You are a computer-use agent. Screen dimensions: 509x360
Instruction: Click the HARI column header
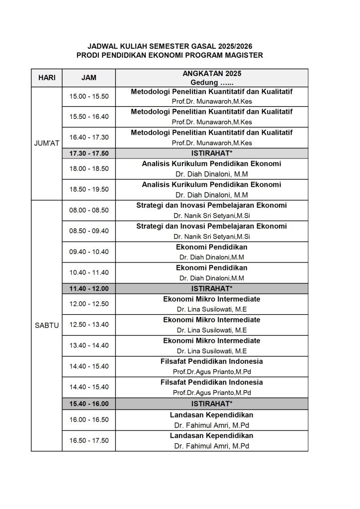click(x=47, y=78)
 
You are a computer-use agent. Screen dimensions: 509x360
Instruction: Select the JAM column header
click(x=89, y=78)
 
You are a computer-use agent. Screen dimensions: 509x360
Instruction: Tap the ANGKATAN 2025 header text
click(x=211, y=74)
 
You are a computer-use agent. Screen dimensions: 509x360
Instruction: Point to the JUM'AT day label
click(x=47, y=143)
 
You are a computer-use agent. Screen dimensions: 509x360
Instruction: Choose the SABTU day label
click(x=47, y=326)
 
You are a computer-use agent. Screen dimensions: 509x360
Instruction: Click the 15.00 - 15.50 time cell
click(x=89, y=96)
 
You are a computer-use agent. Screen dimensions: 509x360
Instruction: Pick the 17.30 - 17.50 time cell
click(x=89, y=154)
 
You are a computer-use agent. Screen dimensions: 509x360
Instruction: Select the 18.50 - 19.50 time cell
click(x=89, y=189)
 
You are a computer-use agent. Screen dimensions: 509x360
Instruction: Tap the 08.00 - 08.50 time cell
click(x=89, y=210)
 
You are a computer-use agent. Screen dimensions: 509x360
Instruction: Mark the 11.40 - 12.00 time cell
click(x=89, y=288)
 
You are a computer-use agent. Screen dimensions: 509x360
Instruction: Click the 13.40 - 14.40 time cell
click(x=89, y=345)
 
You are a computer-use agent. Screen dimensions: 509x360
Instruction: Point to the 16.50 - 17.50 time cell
click(x=89, y=440)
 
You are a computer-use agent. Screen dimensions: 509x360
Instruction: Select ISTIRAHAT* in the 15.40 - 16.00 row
click(x=211, y=404)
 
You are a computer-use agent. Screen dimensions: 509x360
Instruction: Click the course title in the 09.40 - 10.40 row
click(x=211, y=247)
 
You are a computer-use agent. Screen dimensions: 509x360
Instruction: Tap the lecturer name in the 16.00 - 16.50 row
click(x=211, y=425)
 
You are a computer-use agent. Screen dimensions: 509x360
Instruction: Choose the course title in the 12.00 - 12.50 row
click(x=211, y=299)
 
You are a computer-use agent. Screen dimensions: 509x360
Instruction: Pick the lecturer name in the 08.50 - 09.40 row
click(x=211, y=237)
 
